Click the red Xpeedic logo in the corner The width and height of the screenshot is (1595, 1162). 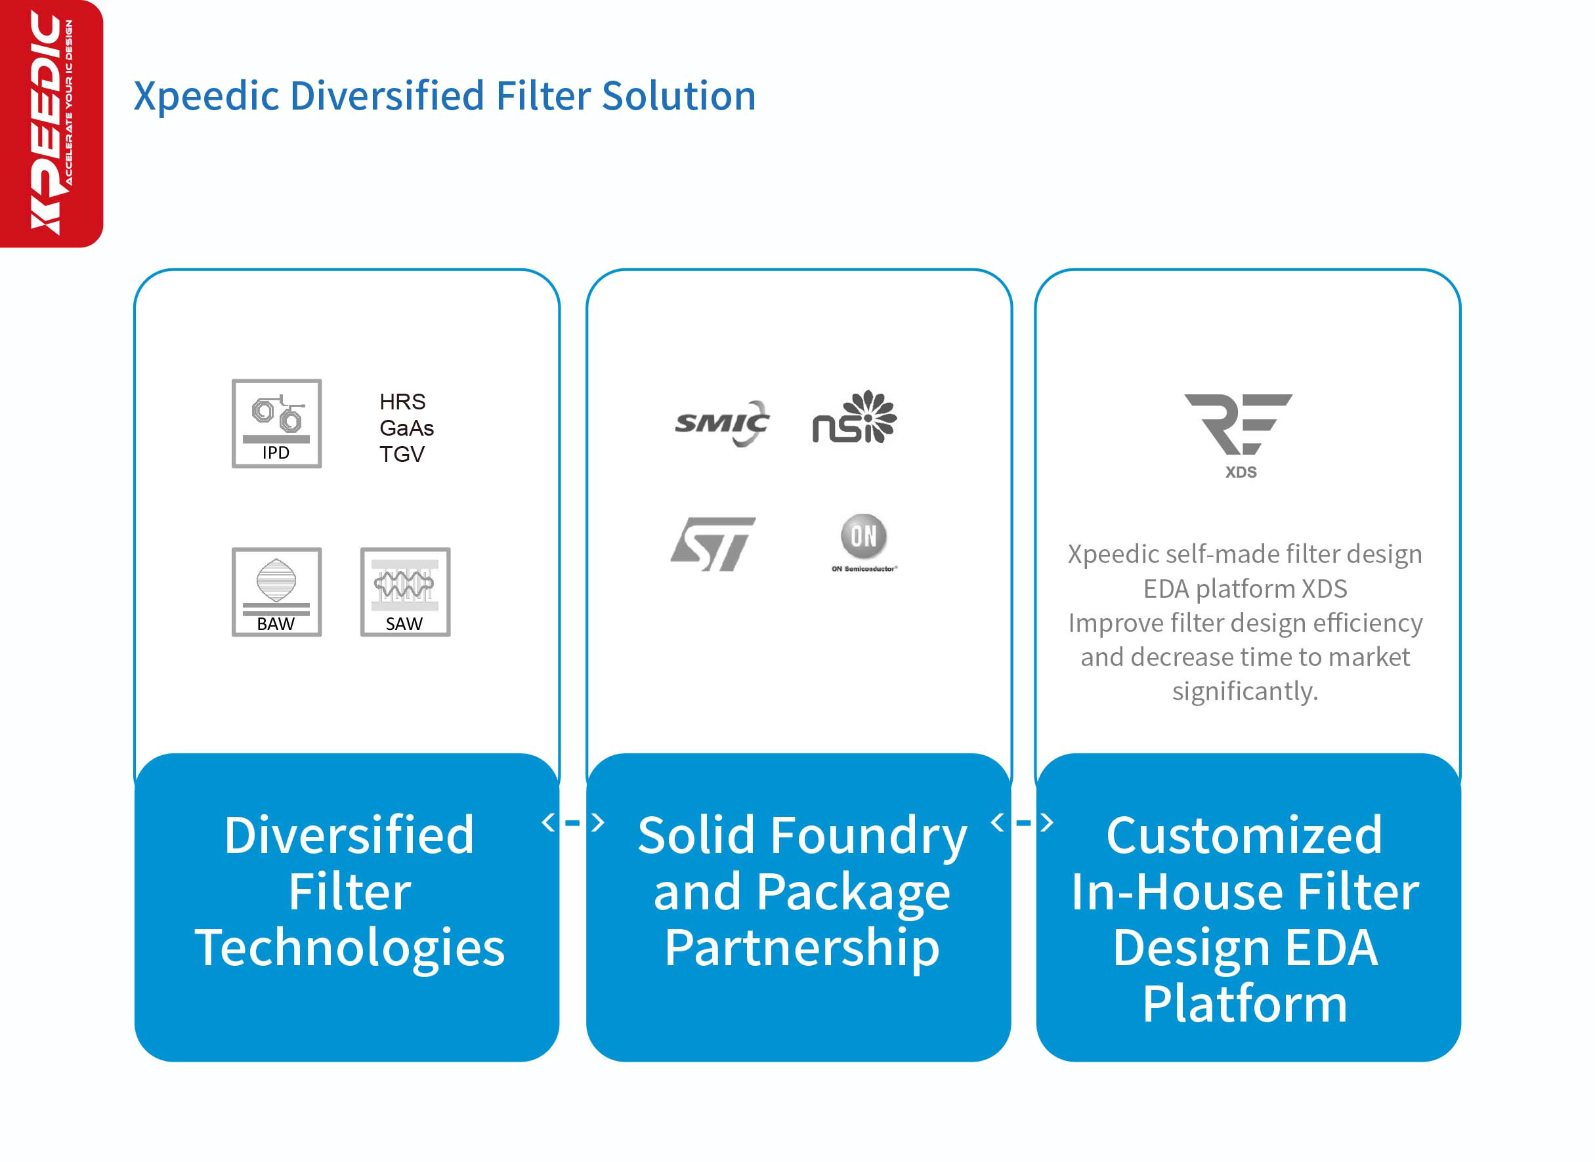(51, 124)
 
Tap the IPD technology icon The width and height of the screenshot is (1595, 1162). (276, 423)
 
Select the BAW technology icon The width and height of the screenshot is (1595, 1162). (276, 592)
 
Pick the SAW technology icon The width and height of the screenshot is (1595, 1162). (405, 592)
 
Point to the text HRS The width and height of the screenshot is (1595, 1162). (402, 402)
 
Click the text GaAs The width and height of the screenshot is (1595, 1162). (407, 428)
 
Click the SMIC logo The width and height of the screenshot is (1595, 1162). (722, 423)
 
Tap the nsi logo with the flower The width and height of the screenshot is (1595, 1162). (854, 417)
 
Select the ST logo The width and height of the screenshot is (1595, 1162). (713, 544)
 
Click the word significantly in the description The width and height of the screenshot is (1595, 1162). (1244, 692)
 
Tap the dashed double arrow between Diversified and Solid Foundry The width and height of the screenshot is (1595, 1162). (573, 822)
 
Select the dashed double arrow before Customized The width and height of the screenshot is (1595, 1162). (1021, 822)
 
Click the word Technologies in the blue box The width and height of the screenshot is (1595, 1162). (350, 948)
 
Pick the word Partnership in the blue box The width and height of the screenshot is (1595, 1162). (802, 948)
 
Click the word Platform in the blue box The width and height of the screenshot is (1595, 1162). (1244, 1004)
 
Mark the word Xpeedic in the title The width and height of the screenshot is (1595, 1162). (207, 97)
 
